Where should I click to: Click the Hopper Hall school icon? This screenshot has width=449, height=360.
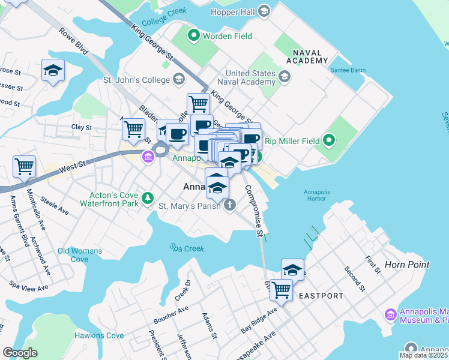pos(264,11)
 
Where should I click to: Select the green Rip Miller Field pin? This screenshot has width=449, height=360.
pos(328,142)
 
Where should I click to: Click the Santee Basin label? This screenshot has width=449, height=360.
pos(348,70)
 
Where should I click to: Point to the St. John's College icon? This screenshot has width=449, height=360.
pos(178,79)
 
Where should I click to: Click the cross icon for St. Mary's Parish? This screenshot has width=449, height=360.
pos(229,206)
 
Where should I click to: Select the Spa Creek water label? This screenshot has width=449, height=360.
pos(187,248)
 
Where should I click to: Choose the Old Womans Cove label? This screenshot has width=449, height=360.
pos(80,255)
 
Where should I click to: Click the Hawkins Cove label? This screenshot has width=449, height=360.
pos(99,335)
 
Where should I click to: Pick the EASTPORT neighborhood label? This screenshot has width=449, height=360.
pos(321,296)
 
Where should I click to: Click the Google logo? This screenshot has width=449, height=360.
pos(20,353)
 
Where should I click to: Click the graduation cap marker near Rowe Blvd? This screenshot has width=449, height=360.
pos(53,70)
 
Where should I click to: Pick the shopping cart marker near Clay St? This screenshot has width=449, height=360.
pos(133,128)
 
